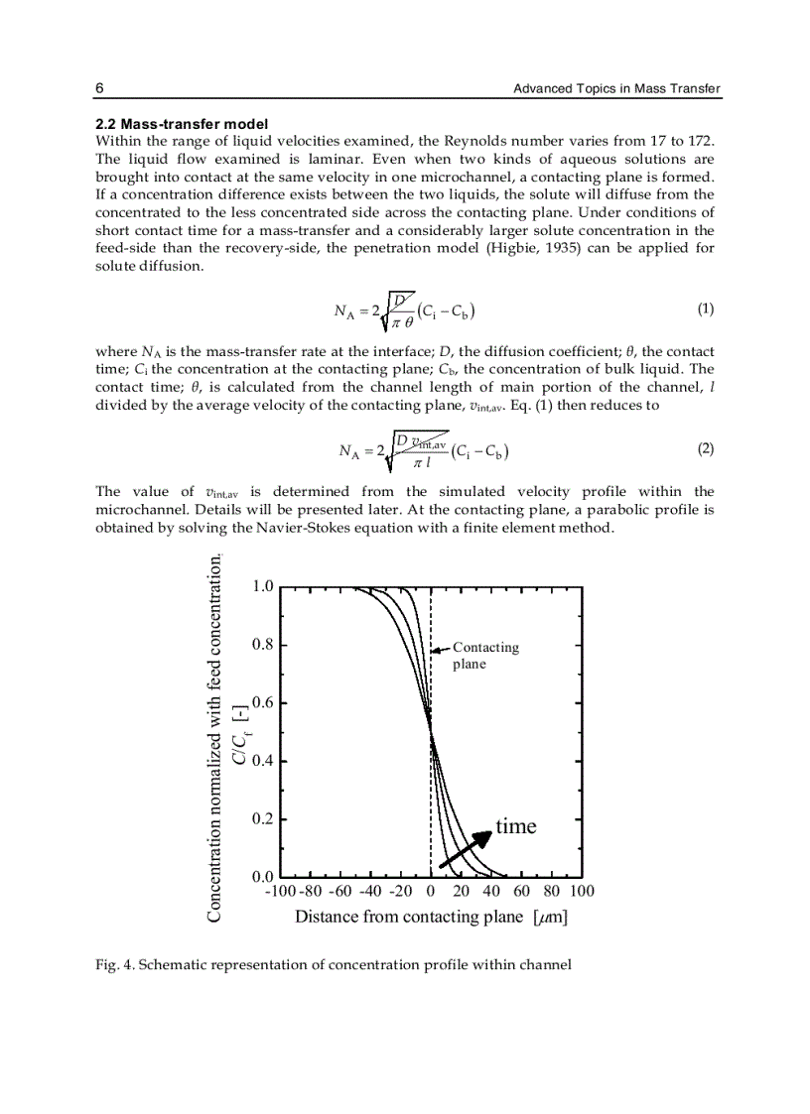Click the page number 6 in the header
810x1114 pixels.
pos(99,89)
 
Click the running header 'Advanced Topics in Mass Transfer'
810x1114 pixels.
pos(616,89)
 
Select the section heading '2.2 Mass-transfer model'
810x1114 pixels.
pos(181,125)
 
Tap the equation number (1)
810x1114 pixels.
pos(705,309)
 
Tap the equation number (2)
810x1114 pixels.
pos(705,448)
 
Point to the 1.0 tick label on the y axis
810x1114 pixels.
pos(262,586)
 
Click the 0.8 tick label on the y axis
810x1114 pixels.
pos(262,644)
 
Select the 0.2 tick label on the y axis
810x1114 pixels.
pos(262,819)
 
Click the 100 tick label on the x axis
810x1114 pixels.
pos(582,892)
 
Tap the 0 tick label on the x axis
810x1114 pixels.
pos(431,892)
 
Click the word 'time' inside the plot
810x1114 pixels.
pos(515,826)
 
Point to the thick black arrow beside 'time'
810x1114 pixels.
pos(467,848)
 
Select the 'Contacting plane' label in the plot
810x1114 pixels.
pos(485,656)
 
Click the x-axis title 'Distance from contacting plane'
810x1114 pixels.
pos(408,917)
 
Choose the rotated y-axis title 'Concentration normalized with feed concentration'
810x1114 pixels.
pos(215,739)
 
